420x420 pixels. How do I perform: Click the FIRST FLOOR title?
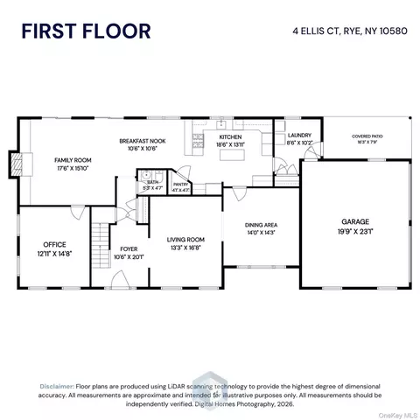86,31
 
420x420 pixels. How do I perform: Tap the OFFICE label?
54,244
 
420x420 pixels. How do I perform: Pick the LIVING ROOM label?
185,239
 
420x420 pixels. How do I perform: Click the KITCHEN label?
231,137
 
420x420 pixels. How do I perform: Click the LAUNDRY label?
298,136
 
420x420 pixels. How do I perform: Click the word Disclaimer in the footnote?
56,386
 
